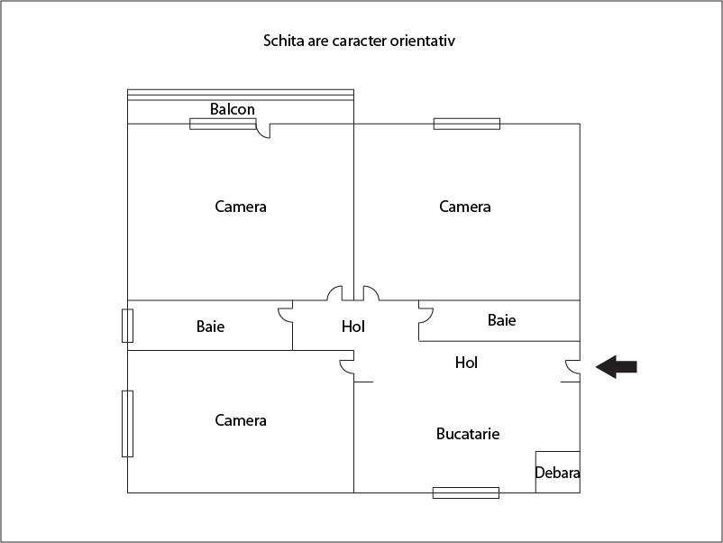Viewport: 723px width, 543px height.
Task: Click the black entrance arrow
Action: coord(617,367)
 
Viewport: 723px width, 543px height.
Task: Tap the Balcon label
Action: coord(233,109)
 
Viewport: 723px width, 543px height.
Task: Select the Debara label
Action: coord(557,473)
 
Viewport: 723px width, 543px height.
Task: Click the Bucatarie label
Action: coord(468,434)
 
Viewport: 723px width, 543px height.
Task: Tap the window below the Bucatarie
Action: coord(466,492)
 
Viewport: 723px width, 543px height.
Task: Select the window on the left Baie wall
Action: coord(127,326)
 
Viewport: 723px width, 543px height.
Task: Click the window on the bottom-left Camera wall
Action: coord(127,424)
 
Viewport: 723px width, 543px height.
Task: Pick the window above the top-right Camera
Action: coord(467,124)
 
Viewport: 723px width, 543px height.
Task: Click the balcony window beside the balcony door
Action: coord(223,124)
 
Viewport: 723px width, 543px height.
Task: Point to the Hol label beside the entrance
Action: coord(466,363)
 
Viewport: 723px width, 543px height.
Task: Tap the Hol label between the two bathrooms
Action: coord(353,327)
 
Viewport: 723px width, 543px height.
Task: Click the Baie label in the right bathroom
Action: coord(501,320)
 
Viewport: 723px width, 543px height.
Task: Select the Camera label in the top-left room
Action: coord(241,207)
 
